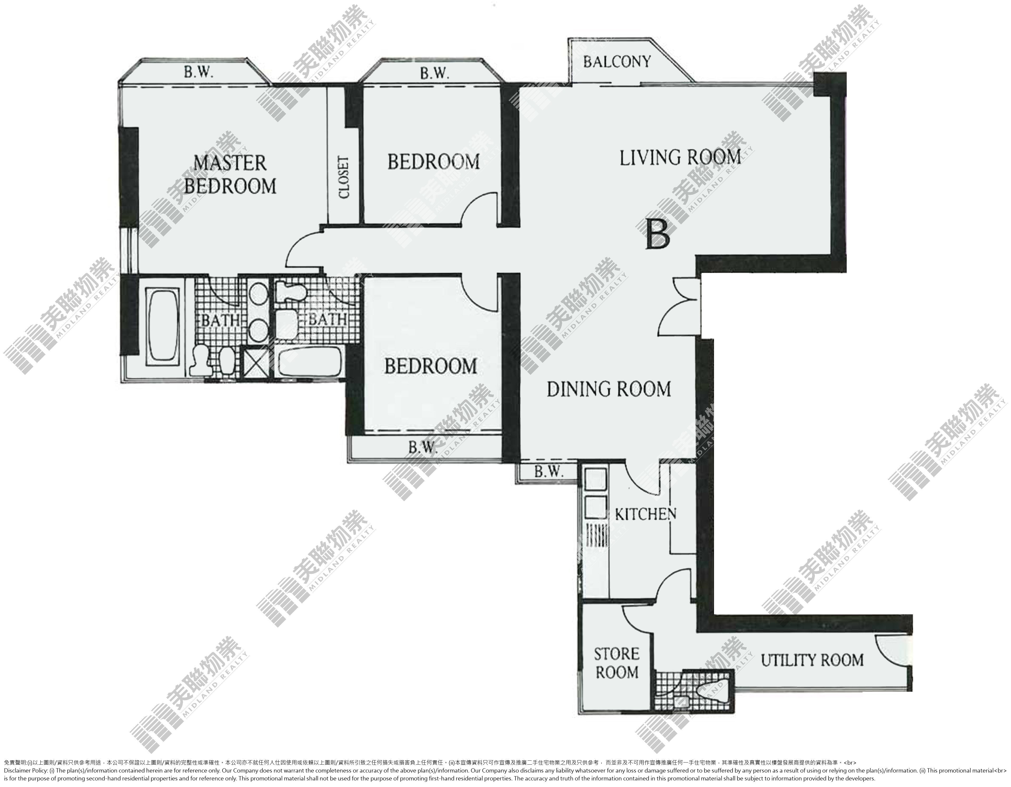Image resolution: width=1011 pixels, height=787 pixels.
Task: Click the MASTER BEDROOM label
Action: point(230,175)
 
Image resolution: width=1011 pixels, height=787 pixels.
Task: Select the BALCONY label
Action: point(617,62)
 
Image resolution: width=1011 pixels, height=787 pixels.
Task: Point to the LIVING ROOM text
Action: point(680,158)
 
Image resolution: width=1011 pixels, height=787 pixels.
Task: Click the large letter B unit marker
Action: point(658,234)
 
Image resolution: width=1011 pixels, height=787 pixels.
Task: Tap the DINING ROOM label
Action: point(609,389)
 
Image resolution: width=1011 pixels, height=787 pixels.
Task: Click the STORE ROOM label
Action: point(617,663)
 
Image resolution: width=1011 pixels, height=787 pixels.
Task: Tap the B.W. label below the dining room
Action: point(549,471)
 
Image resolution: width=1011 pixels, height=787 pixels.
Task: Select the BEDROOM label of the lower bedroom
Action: point(430,366)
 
